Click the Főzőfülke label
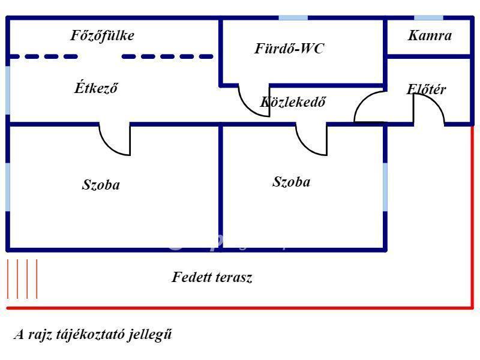pyautogui.click(x=102, y=35)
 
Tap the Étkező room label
pyautogui.click(x=96, y=88)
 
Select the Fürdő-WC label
pyautogui.click(x=289, y=49)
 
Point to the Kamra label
pyautogui.click(x=430, y=35)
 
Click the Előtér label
pyautogui.click(x=426, y=89)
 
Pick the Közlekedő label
pyautogui.click(x=293, y=101)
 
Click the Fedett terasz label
pyautogui.click(x=212, y=277)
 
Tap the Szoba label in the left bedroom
pyautogui.click(x=101, y=185)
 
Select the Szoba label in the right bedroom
pyautogui.click(x=292, y=182)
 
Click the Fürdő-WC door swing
pyautogui.click(x=247, y=107)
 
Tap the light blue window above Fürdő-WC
pyautogui.click(x=293, y=18)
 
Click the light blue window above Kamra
pyautogui.click(x=428, y=18)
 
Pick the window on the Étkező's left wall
pyautogui.click(x=8, y=91)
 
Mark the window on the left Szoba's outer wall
pyautogui.click(x=8, y=187)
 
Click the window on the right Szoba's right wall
pyautogui.click(x=385, y=187)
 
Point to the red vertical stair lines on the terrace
pyautogui.click(x=22, y=279)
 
